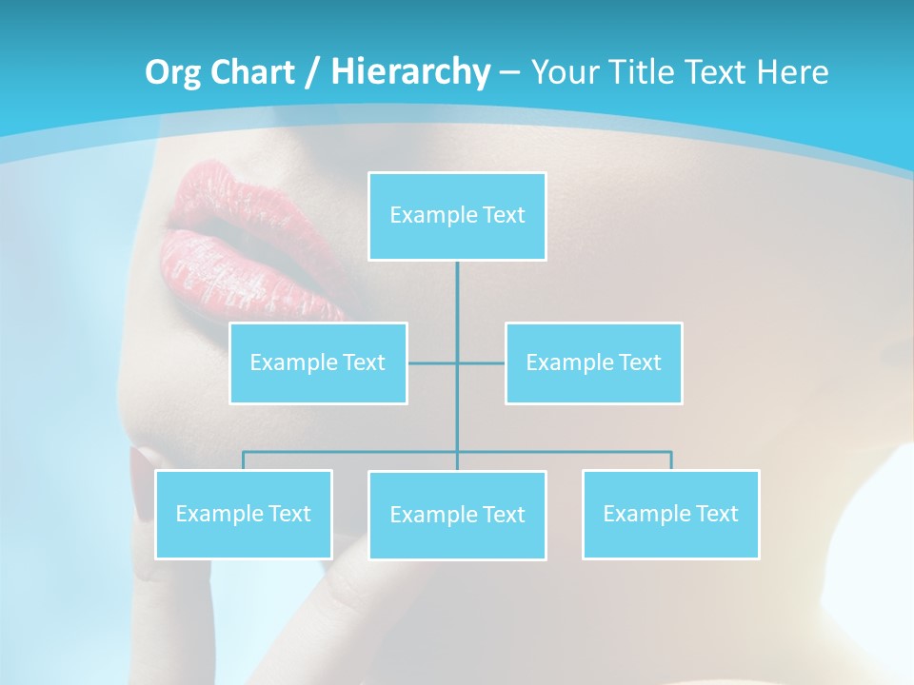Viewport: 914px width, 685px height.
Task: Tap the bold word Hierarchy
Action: coord(410,72)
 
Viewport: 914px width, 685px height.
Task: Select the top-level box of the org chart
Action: coord(457,216)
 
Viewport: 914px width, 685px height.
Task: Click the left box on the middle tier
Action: coord(318,362)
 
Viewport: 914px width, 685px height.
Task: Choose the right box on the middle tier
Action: coord(593,362)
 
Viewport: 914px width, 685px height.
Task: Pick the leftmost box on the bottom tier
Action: coord(244,514)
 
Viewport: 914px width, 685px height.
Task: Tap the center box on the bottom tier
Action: coord(457,515)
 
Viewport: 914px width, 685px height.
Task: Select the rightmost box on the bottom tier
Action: coord(670,514)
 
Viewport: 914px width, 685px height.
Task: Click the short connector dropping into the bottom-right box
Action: coord(670,460)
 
